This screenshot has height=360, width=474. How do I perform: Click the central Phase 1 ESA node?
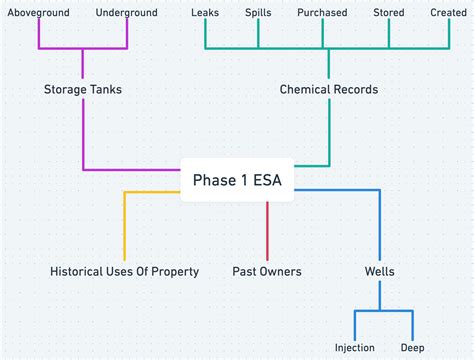[237, 181]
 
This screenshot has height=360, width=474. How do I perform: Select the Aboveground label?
[38, 13]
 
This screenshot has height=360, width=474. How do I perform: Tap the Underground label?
[128, 13]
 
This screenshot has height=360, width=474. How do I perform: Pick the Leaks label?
[205, 13]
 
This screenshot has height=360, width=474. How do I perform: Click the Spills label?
[258, 13]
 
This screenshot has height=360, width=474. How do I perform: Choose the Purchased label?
[322, 13]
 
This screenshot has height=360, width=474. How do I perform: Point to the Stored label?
[389, 13]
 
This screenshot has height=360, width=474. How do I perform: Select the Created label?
[448, 13]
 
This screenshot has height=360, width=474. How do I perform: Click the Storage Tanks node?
[83, 90]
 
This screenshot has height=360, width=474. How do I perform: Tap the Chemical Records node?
[329, 90]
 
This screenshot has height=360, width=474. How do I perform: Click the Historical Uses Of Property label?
[124, 271]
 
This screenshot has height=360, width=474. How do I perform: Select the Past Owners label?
[267, 271]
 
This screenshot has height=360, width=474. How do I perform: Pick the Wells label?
[380, 271]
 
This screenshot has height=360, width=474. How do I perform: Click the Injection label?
[355, 348]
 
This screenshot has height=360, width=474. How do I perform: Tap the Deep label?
[413, 348]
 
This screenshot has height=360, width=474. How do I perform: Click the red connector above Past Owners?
[267, 230]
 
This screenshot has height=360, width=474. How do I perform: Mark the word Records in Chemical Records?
[355, 90]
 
